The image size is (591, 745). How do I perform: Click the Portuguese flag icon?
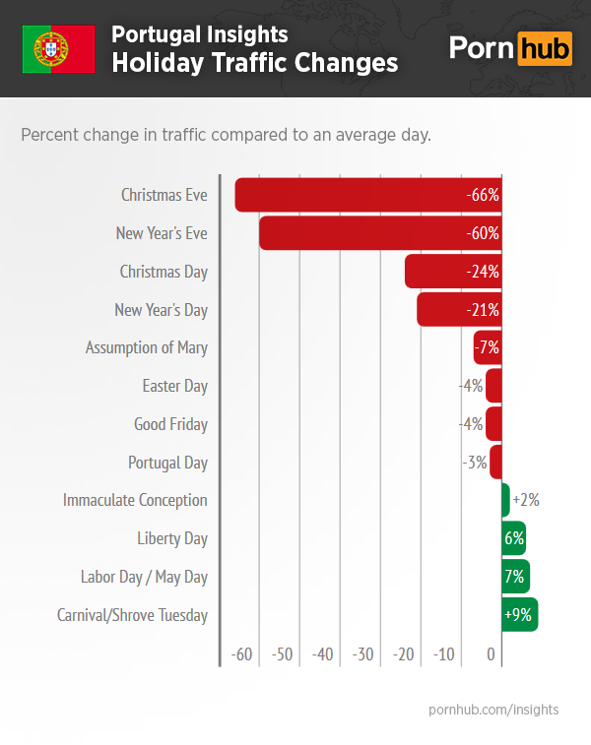pyautogui.click(x=59, y=49)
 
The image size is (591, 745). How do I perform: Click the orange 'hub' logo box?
pyautogui.click(x=545, y=48)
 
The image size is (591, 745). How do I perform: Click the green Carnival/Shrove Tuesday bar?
pyautogui.click(x=519, y=615)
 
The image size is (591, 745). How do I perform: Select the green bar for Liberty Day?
pyautogui.click(x=513, y=538)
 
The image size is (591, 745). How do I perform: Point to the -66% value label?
pyautogui.click(x=483, y=195)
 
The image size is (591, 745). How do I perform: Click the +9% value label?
pyautogui.click(x=518, y=615)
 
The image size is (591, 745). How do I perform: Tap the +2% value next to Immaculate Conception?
pyautogui.click(x=526, y=500)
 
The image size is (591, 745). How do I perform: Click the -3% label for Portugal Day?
pyautogui.click(x=475, y=463)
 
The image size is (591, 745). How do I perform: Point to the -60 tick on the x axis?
pyautogui.click(x=241, y=654)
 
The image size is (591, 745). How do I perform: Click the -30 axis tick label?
pyautogui.click(x=362, y=654)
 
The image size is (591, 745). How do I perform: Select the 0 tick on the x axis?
pyautogui.click(x=492, y=654)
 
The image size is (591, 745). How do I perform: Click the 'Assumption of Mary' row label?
pyautogui.click(x=147, y=347)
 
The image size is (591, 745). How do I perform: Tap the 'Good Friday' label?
pyautogui.click(x=170, y=424)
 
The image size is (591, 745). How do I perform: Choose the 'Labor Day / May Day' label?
pyautogui.click(x=144, y=577)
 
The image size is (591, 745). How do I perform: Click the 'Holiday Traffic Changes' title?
pyautogui.click(x=254, y=63)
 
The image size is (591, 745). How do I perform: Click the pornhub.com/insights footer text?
pyautogui.click(x=493, y=709)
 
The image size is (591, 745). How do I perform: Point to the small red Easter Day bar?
pyautogui.click(x=493, y=386)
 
